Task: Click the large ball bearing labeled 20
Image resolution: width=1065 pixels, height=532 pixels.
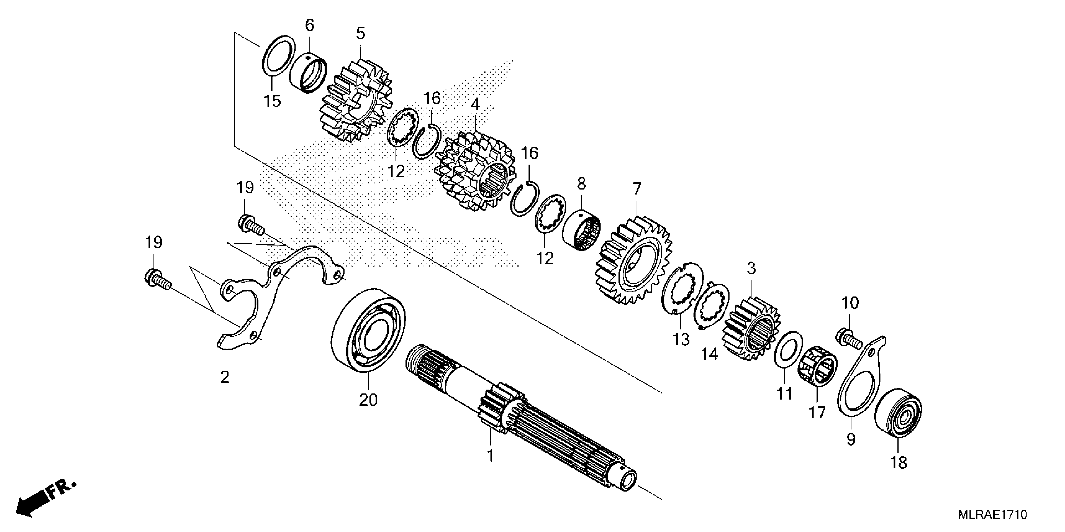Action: point(368,330)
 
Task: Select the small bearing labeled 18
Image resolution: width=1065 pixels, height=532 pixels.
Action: point(898,413)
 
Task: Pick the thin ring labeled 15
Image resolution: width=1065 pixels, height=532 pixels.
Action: point(279,55)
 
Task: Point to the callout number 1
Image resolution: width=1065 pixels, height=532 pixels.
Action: point(490,456)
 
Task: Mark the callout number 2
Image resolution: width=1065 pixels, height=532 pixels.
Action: point(225,377)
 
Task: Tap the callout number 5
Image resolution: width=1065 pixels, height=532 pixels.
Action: point(361,33)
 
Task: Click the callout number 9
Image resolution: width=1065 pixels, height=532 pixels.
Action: point(850,439)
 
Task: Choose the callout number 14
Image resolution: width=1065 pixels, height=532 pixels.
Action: point(709,354)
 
